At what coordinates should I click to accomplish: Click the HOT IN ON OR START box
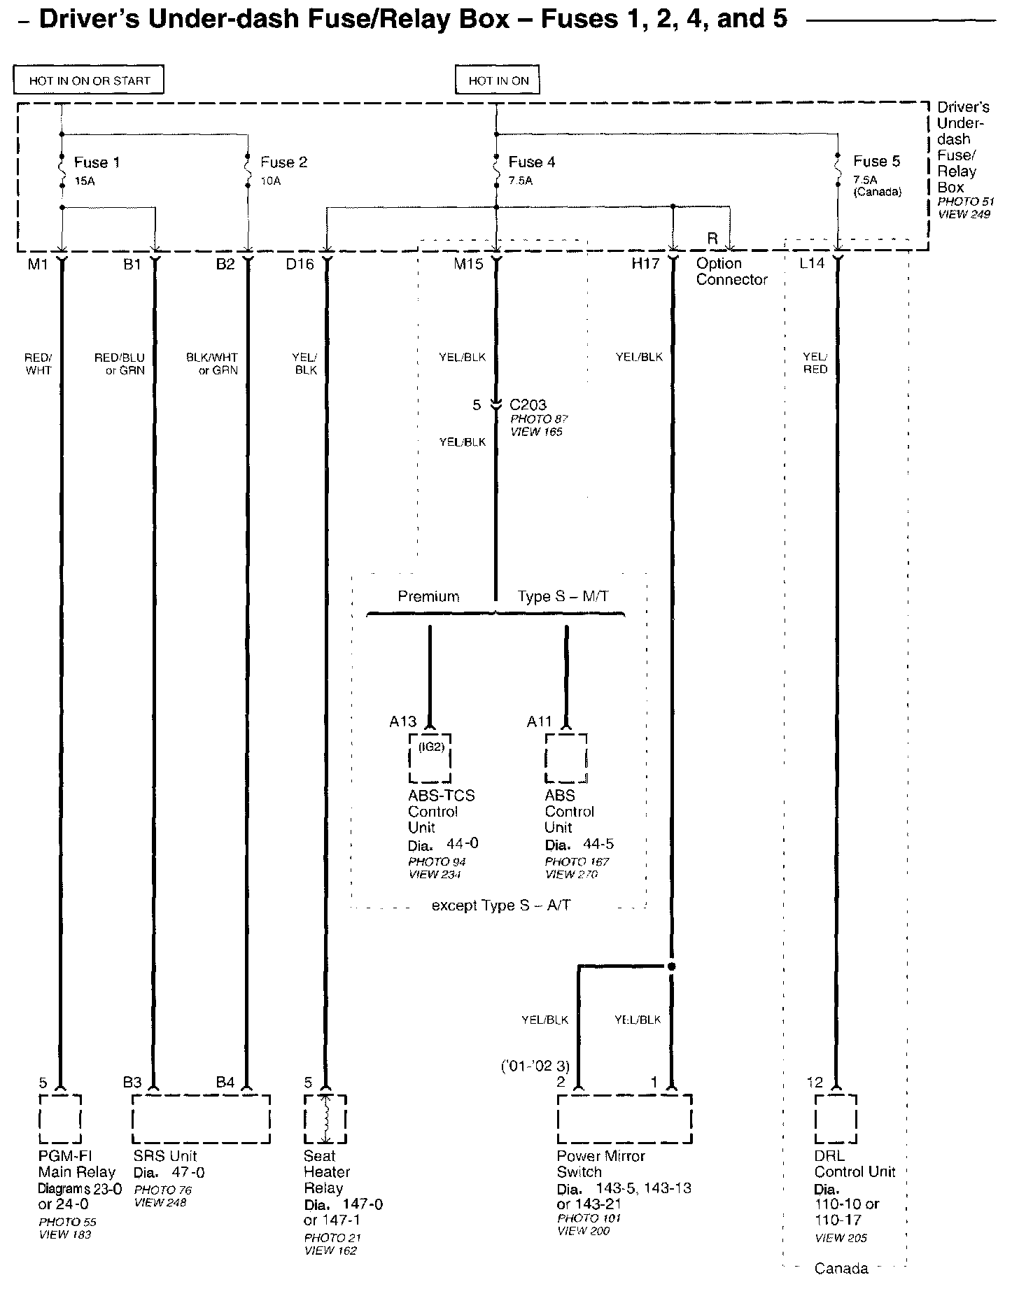coord(89,80)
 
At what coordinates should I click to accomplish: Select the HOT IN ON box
coord(498,80)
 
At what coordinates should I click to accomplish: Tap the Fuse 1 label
coord(97,162)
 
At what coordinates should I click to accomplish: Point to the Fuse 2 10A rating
coord(270,181)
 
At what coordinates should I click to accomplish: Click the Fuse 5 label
coord(876,162)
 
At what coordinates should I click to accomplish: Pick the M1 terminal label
coord(38,264)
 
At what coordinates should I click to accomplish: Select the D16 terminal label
coord(300,264)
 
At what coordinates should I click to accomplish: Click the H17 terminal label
coord(645,264)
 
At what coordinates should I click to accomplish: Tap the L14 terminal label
coord(812,264)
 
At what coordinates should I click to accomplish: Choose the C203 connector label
coord(528,404)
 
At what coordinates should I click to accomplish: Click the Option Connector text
coord(731,272)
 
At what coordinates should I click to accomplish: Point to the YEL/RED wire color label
coord(815,362)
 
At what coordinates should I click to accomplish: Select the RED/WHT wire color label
coord(38,364)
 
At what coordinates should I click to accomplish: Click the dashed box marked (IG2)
coord(430,758)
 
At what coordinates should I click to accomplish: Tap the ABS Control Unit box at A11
coord(566,758)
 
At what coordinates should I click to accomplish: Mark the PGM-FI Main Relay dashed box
coord(60,1119)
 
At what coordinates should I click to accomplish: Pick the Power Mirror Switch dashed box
coord(624,1119)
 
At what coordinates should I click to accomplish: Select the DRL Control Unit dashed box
coord(836,1119)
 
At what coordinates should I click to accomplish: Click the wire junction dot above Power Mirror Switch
coord(672,966)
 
